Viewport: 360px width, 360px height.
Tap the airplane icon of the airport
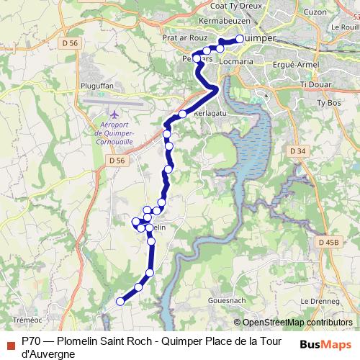point(114,114)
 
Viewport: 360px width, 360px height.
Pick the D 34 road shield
point(296,151)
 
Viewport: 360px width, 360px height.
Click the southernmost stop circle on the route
point(120,302)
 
